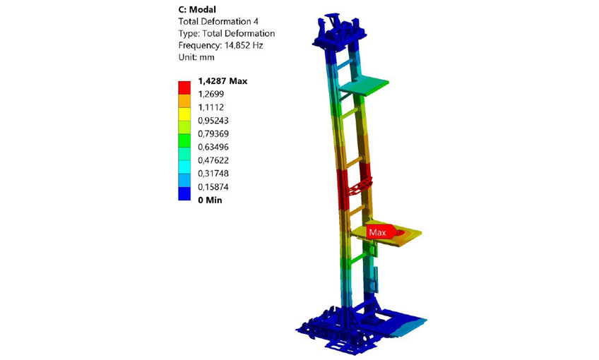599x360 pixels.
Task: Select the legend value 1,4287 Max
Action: coord(223,81)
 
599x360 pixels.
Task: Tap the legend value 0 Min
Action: coord(210,200)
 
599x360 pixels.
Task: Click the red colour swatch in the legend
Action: coord(184,88)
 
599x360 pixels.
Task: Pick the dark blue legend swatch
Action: coord(184,193)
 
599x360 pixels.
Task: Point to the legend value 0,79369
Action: coord(213,133)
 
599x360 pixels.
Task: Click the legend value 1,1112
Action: coord(211,107)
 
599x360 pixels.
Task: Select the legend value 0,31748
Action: coord(213,174)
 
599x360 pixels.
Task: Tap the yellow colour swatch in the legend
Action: coord(184,114)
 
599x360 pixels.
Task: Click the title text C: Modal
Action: coord(197,10)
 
